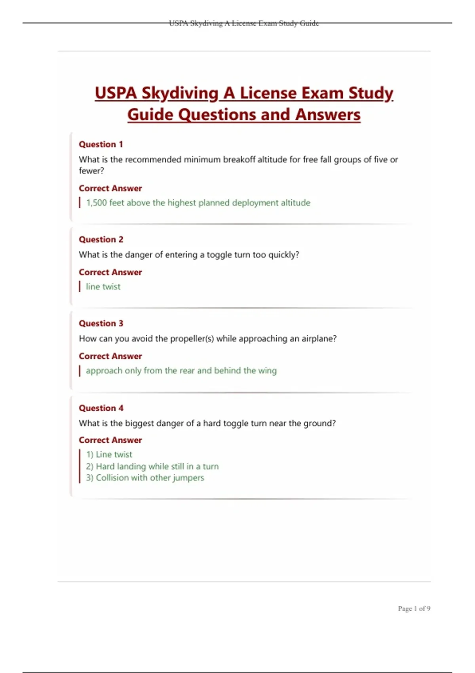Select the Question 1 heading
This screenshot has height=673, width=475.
(x=101, y=144)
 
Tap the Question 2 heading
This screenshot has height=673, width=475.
(x=101, y=240)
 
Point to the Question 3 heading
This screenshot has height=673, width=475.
(x=101, y=323)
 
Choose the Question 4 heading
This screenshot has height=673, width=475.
(x=101, y=408)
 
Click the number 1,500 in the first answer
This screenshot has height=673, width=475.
(x=97, y=203)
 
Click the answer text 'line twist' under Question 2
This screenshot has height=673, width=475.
(x=103, y=287)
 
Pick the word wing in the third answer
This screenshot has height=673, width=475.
(x=268, y=371)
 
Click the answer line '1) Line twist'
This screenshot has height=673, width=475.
(x=109, y=454)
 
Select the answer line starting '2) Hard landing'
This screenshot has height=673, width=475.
(x=152, y=466)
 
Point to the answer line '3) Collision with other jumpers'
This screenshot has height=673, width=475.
(x=145, y=478)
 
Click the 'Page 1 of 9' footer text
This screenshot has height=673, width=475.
(x=414, y=608)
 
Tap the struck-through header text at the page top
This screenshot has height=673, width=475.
(x=244, y=23)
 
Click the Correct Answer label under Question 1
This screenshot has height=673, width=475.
(x=110, y=188)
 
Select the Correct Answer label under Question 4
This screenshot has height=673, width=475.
(x=110, y=440)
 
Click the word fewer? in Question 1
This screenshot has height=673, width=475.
(x=91, y=171)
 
